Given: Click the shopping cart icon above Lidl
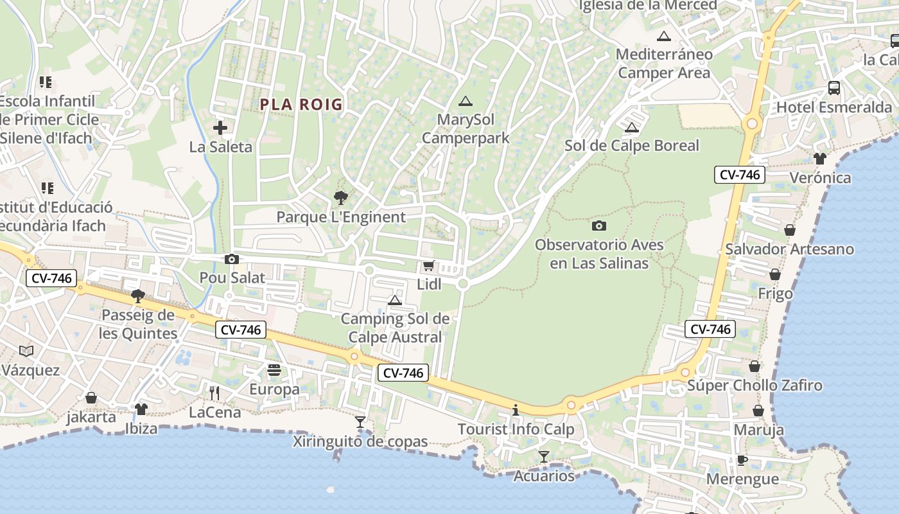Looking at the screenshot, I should (428, 265).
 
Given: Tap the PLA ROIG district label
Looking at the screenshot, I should (301, 104).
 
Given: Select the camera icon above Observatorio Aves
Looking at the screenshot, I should (598, 226).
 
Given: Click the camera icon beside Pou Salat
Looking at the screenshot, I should (231, 259).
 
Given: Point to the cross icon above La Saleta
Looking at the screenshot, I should (220, 128).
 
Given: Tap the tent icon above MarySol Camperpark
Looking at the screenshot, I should (466, 101).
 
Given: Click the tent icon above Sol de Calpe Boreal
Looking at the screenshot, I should (631, 127).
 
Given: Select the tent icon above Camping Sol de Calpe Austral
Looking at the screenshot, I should (395, 300).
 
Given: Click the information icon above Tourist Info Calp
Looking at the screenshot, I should (515, 410).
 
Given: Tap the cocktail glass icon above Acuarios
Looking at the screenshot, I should (544, 457).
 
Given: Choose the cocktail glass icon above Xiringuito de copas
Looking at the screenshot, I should (360, 422).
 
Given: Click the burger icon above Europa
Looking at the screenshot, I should (274, 370).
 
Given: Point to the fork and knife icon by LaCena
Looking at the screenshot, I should (214, 393).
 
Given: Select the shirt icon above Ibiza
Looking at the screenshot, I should (141, 409).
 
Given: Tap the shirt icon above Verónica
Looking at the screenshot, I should (819, 159).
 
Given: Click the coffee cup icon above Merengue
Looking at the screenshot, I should (742, 460).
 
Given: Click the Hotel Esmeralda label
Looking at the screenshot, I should (834, 107).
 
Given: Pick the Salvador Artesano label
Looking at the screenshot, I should (789, 249).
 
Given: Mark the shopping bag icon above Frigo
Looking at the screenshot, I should (775, 274).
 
